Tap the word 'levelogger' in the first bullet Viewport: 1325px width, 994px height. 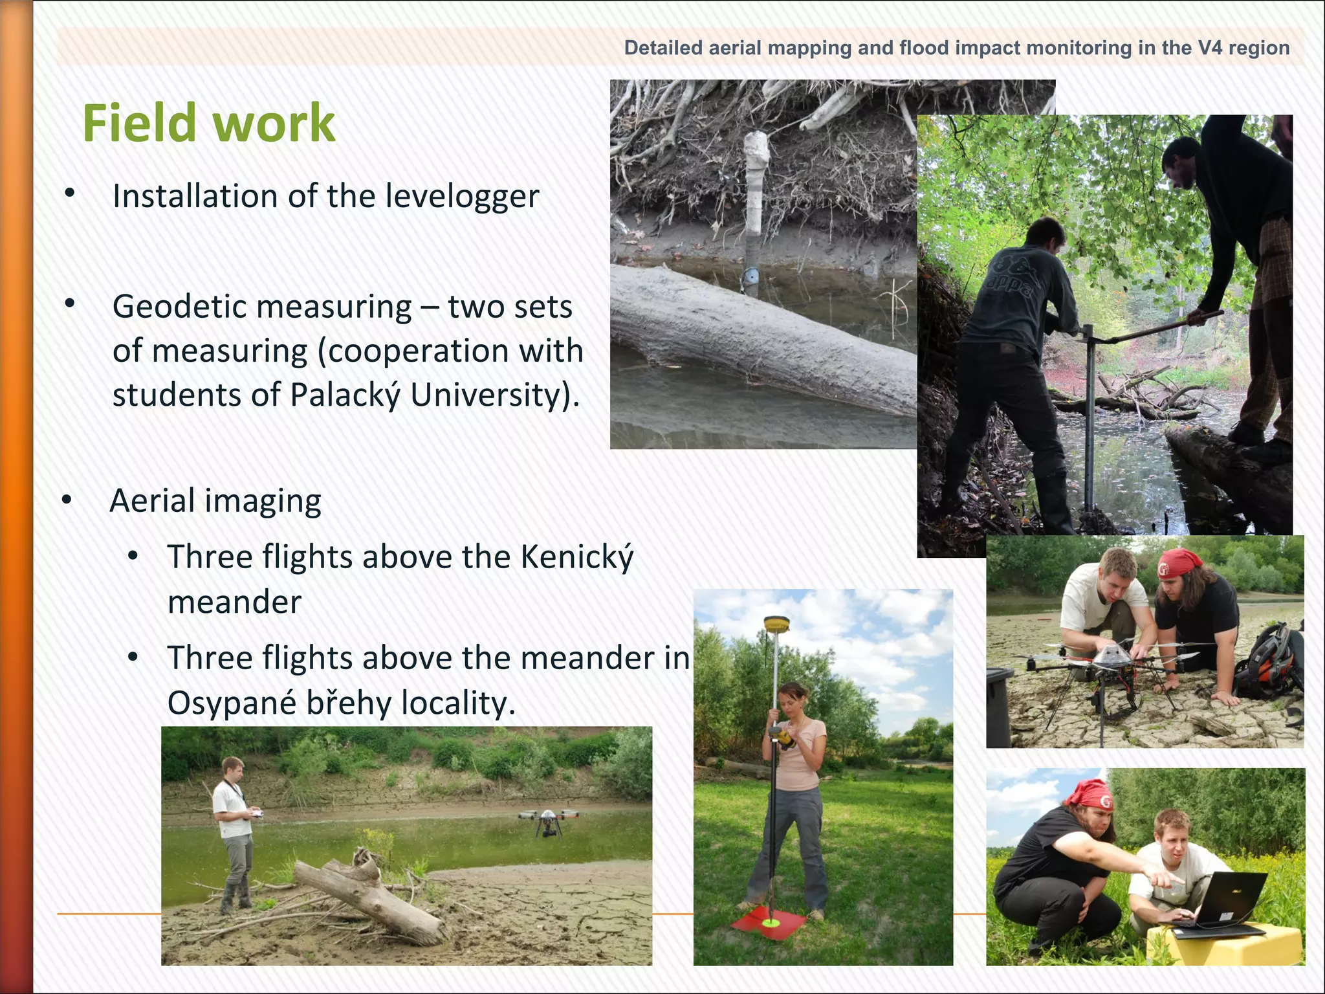coord(462,196)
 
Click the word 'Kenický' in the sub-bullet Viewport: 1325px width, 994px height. coord(577,557)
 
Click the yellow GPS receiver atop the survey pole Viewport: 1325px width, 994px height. coord(774,624)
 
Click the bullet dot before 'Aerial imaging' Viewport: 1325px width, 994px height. coord(67,500)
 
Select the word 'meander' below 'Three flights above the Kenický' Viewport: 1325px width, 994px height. coord(234,602)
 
